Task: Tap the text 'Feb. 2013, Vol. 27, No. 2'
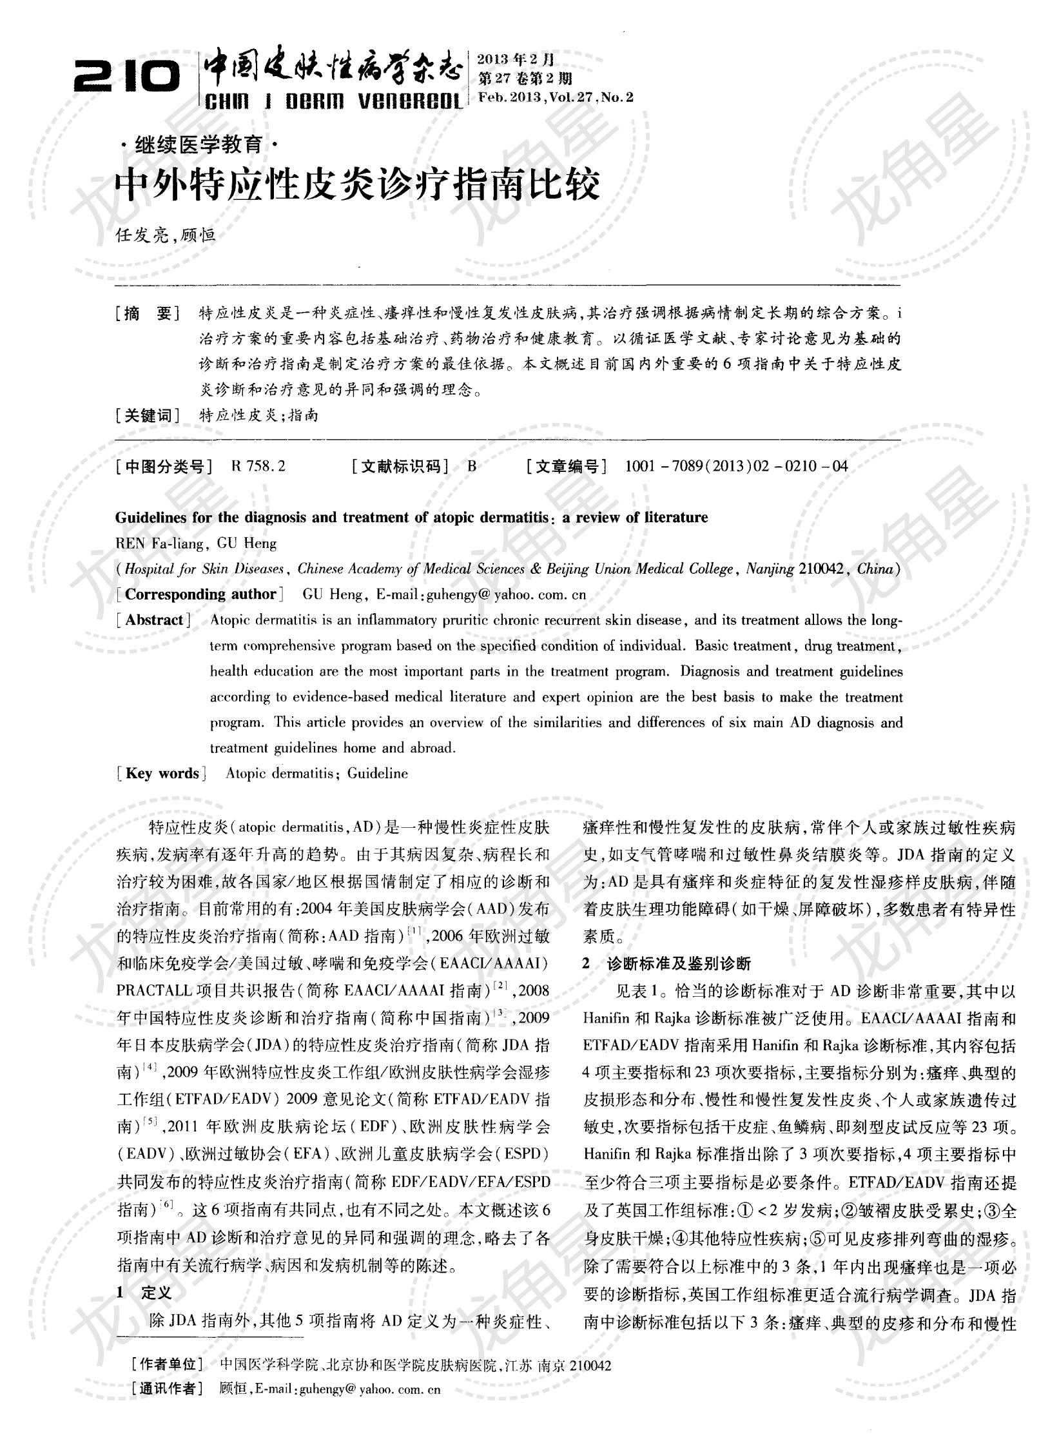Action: tap(556, 97)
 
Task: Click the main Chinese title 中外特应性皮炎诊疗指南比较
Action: tap(357, 186)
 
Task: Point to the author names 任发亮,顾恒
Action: tap(165, 235)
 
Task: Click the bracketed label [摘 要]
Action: tap(148, 314)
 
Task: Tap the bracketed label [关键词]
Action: tap(148, 415)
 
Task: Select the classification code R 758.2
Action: tap(257, 466)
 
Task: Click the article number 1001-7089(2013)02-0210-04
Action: tap(736, 466)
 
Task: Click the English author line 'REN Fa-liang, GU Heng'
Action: tap(196, 544)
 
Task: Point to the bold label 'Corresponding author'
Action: tap(200, 594)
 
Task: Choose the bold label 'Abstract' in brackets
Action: tap(154, 620)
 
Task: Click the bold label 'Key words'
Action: tap(162, 773)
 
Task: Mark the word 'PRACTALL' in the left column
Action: tap(152, 990)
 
